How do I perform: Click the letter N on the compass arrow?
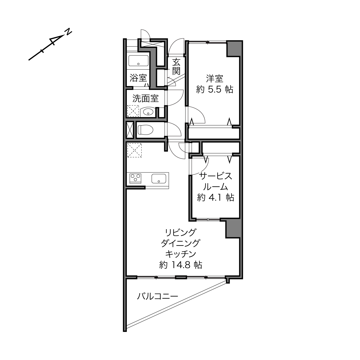68,32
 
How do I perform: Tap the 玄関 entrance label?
176,66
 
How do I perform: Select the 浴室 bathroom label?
138,78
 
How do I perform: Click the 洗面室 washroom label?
145,98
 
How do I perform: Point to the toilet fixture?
145,130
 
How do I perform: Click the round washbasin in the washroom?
148,112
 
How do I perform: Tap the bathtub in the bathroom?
138,61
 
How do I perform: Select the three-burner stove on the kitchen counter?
135,178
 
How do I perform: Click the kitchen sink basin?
159,179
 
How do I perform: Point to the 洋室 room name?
215,78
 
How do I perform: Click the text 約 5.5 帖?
215,89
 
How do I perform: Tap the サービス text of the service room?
215,176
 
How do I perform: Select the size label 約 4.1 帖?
216,197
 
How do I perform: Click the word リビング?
180,233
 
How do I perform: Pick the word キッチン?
181,254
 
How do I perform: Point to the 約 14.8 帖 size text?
181,265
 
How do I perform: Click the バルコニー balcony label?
158,296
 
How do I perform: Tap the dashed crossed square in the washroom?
133,111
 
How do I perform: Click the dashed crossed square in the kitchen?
134,150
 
